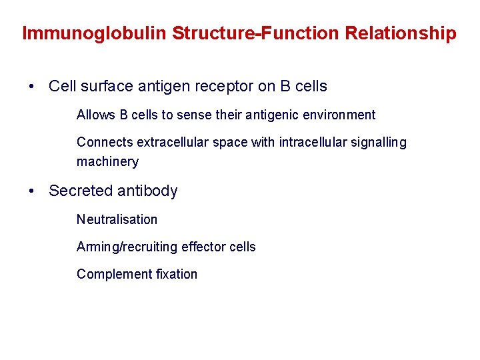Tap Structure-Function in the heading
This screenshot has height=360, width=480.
click(256, 33)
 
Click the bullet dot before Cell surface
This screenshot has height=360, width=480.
click(31, 87)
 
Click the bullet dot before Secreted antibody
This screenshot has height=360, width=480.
click(31, 191)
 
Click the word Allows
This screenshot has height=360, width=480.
click(96, 115)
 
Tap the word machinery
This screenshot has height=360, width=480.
click(107, 161)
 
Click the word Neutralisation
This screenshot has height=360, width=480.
click(117, 219)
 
